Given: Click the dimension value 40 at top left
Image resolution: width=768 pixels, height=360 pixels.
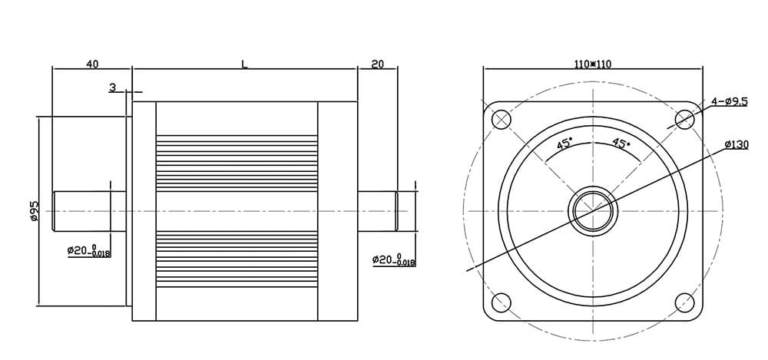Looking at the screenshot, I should (92, 64).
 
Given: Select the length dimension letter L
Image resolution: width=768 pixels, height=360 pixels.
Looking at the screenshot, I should (244, 64).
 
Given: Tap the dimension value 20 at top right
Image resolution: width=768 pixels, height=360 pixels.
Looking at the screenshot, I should (377, 64).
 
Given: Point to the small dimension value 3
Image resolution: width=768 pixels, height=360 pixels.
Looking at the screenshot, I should (113, 88).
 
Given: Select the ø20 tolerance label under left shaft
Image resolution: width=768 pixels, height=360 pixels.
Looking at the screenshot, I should (88, 250).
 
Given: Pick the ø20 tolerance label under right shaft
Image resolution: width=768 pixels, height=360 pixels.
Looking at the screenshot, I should (393, 260).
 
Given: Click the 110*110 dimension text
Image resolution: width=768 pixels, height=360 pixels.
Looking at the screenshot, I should (593, 64).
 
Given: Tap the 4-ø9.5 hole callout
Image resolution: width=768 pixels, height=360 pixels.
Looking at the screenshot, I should (729, 101).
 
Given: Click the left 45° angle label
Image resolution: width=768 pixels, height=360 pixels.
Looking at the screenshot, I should (564, 144).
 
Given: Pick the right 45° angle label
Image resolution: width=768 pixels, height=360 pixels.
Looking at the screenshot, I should (621, 144).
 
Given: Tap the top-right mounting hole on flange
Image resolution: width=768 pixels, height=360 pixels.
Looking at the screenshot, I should (684, 119).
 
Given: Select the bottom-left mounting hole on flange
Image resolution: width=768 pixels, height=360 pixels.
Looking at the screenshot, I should (502, 302).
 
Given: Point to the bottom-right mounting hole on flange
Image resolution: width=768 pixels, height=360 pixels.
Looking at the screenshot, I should (684, 302).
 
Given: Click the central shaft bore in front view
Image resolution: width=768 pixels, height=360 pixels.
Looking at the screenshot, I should (593, 210).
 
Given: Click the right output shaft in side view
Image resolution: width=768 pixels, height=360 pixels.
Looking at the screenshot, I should (378, 210).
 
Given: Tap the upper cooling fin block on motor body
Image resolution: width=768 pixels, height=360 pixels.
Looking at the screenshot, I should (237, 163).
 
